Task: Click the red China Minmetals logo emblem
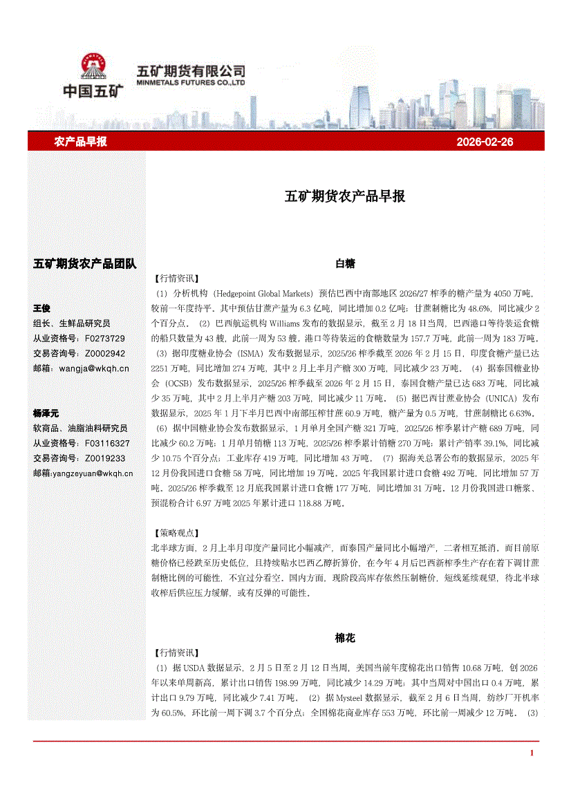click(x=92, y=68)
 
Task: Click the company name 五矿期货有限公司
click(x=191, y=71)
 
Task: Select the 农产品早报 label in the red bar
click(x=80, y=142)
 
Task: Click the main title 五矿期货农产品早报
click(x=345, y=196)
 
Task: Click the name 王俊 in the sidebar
click(x=42, y=308)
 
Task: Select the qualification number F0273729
click(x=104, y=338)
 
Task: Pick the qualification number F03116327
click(x=106, y=443)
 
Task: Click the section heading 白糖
click(x=345, y=263)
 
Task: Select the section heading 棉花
click(x=345, y=638)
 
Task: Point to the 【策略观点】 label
click(x=174, y=533)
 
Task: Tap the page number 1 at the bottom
click(x=532, y=753)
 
